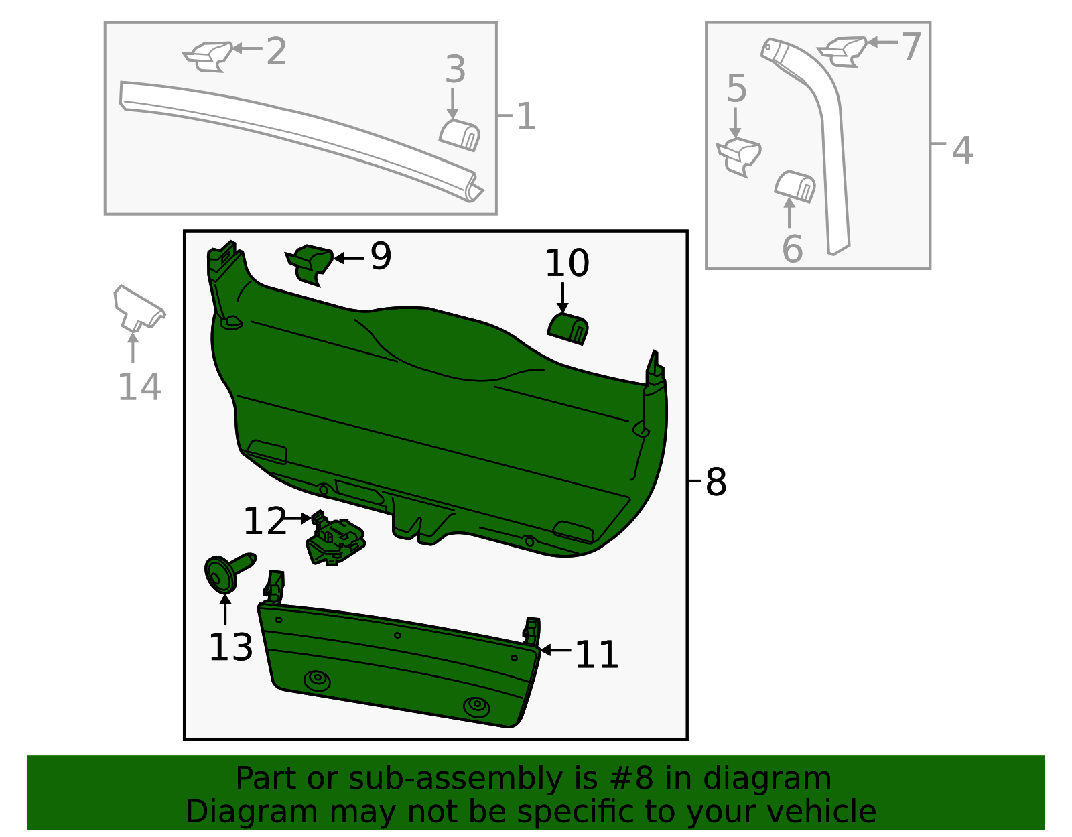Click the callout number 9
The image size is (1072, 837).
pyautogui.click(x=381, y=256)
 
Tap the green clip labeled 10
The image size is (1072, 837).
pyautogui.click(x=568, y=328)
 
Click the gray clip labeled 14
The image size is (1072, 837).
pyautogui.click(x=138, y=310)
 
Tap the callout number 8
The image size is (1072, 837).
pyautogui.click(x=716, y=482)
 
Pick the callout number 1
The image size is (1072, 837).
pyautogui.click(x=526, y=117)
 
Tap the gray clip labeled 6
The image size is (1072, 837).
pyautogui.click(x=795, y=186)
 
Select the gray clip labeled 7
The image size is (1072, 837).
pyautogui.click(x=844, y=50)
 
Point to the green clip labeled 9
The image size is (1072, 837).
pyautogui.click(x=310, y=263)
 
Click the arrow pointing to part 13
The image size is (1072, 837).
pyautogui.click(x=225, y=608)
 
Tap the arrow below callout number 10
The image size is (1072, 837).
pyautogui.click(x=563, y=298)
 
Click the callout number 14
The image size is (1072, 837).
pyautogui.click(x=139, y=387)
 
